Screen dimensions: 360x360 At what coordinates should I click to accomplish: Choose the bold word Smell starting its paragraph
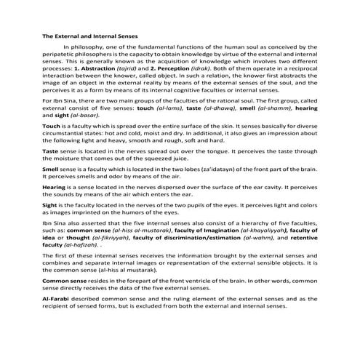click(52, 190)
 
